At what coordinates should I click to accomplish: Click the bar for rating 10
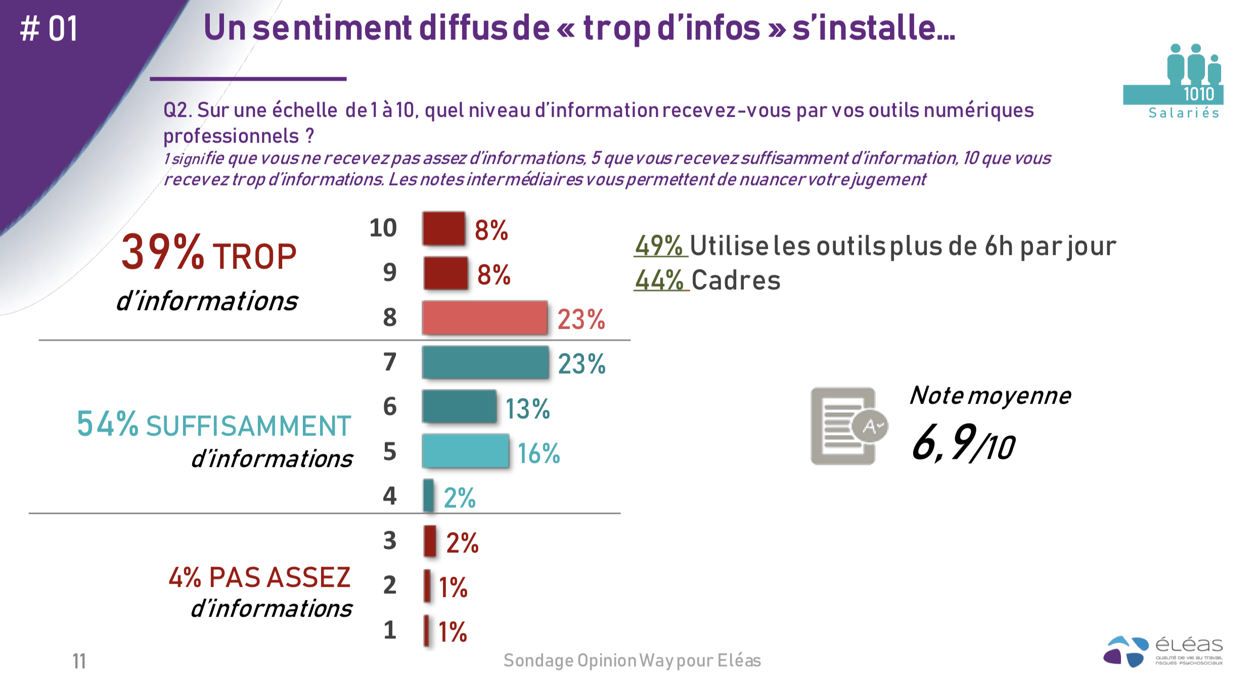pyautogui.click(x=443, y=229)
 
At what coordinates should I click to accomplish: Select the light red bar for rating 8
pyautogui.click(x=484, y=318)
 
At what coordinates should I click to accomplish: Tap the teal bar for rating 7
pyautogui.click(x=485, y=362)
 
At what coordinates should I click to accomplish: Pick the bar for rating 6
pyautogui.click(x=459, y=406)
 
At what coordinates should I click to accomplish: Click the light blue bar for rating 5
pyautogui.click(x=465, y=451)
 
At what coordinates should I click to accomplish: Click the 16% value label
pyautogui.click(x=538, y=453)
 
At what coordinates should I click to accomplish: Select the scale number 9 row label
pyautogui.click(x=389, y=273)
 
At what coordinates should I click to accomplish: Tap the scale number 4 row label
pyautogui.click(x=389, y=496)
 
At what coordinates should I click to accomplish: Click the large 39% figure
pyautogui.click(x=162, y=252)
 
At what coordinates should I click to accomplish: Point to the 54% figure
pyautogui.click(x=107, y=423)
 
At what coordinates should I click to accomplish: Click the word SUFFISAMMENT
pyautogui.click(x=248, y=426)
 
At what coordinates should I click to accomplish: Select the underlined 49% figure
pyautogui.click(x=659, y=246)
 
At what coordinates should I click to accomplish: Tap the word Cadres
pyautogui.click(x=736, y=280)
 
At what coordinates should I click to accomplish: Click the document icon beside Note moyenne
pyautogui.click(x=847, y=426)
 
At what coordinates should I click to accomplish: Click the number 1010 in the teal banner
pyautogui.click(x=1198, y=94)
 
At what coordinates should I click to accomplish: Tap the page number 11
pyautogui.click(x=79, y=661)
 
